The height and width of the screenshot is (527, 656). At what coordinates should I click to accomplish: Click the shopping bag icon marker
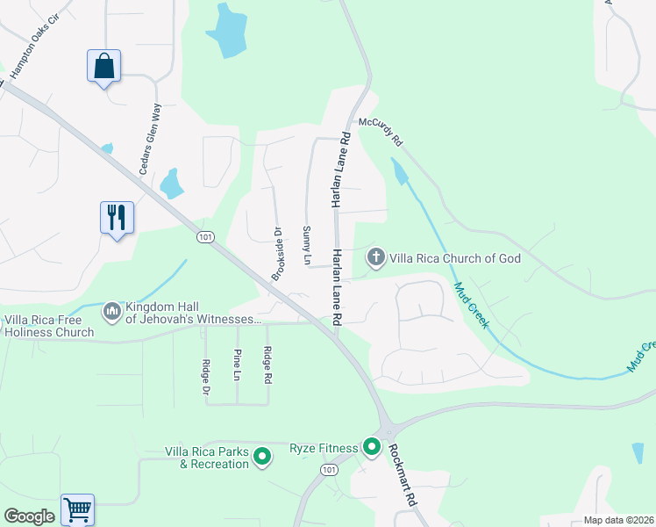[x=103, y=67]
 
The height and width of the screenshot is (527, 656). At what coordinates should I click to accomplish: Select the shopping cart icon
[x=77, y=509]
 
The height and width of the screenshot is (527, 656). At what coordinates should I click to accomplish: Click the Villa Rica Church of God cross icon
[x=376, y=257]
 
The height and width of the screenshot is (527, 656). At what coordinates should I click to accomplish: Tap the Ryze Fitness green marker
[x=372, y=449]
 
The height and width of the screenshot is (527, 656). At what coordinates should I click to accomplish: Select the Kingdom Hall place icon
[x=112, y=311]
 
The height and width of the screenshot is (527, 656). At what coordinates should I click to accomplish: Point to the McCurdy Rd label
[x=380, y=133]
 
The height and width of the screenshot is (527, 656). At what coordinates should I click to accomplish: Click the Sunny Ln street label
[x=307, y=246]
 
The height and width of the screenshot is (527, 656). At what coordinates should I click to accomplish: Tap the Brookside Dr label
[x=276, y=255]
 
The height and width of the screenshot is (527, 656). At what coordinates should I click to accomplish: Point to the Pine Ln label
[x=237, y=365]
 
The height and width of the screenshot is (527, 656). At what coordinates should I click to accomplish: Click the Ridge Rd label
[x=267, y=366]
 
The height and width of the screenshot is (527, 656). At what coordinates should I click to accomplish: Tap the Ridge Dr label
[x=207, y=377]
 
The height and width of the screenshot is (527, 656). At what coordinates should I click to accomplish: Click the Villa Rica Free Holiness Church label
[x=49, y=326]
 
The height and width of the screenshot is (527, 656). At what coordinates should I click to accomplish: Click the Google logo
[x=29, y=516]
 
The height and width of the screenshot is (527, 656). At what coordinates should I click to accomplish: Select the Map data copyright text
[x=617, y=520]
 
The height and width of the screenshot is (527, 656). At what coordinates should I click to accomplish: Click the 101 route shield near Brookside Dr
[x=205, y=237]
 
